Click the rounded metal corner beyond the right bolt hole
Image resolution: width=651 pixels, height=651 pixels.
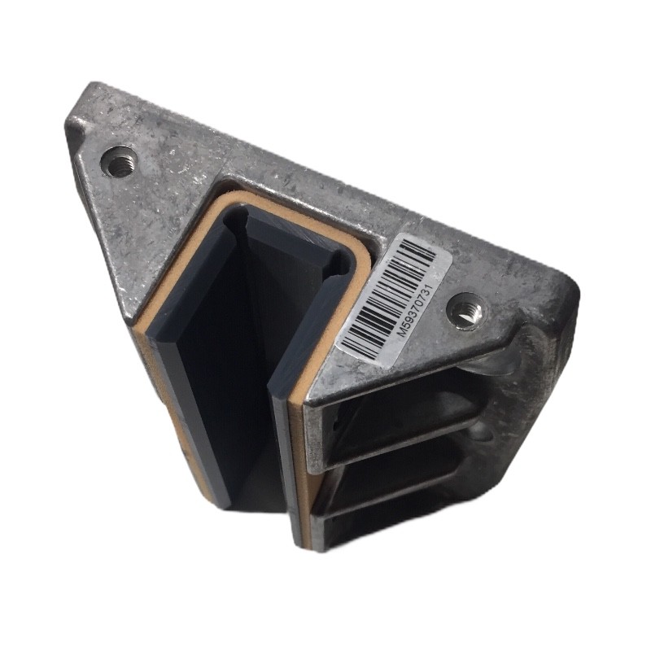pyautogui.click(x=569, y=291)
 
